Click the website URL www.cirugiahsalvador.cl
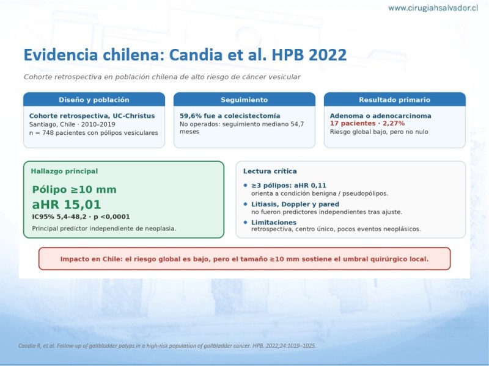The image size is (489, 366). tap(433, 8)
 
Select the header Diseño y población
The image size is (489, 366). tap(94, 100)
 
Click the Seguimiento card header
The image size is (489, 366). tap(244, 100)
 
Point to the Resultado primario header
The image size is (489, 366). tap(394, 100)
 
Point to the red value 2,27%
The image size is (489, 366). tap(394, 123)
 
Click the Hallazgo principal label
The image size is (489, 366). tap(64, 171)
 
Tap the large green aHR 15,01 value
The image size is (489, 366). tap(67, 204)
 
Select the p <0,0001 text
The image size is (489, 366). tap(112, 217)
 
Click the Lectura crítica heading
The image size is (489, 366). tap(270, 171)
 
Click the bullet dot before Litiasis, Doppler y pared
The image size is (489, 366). tap(246, 204)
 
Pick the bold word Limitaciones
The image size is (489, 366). tap(274, 222)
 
